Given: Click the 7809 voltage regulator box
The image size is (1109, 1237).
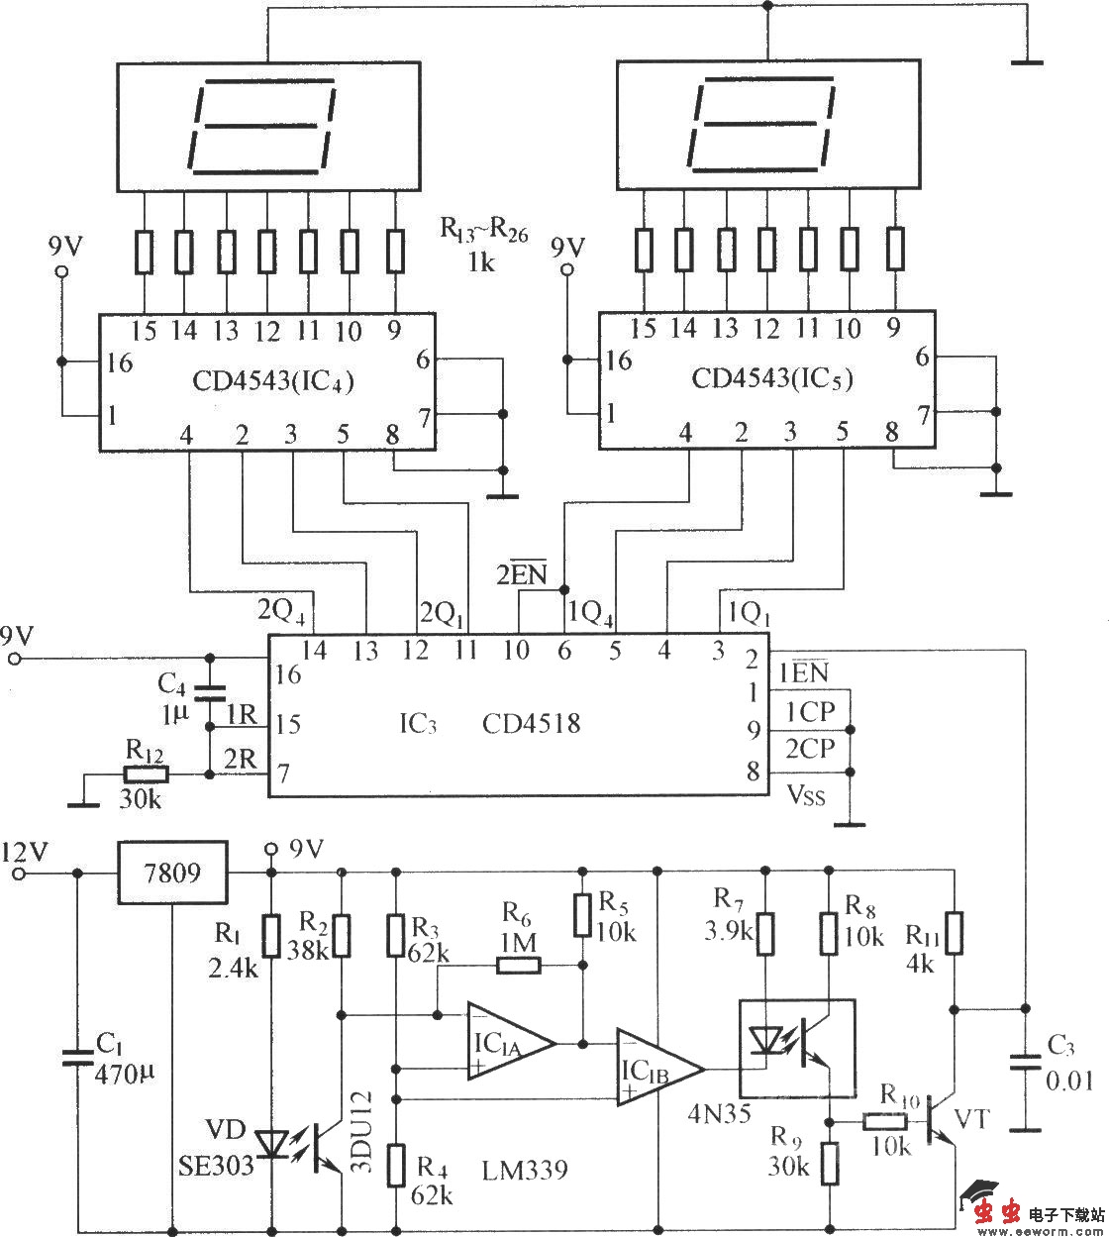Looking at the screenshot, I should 172,873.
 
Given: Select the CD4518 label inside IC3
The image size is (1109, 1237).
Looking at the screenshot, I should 531,724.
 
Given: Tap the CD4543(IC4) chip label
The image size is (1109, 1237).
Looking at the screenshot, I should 274,379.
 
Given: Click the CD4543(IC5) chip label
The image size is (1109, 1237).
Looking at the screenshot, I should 772,378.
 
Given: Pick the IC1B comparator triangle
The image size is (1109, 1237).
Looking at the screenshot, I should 655,1068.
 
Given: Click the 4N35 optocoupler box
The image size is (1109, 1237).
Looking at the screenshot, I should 797,1048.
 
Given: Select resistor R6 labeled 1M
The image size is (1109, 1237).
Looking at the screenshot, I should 518,964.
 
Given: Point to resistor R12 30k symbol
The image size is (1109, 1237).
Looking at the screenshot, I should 147,774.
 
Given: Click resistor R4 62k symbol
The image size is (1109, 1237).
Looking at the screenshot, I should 396,1165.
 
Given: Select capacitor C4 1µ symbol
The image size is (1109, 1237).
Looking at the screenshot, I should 209,689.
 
